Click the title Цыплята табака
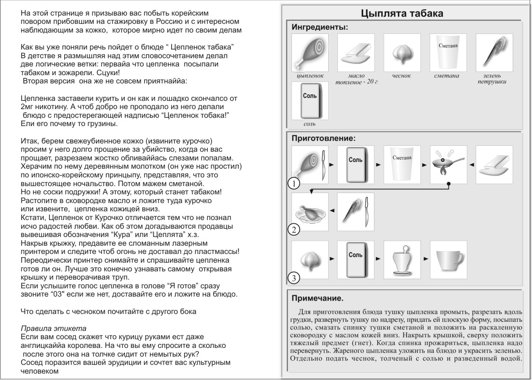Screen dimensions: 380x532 click(x=402, y=13)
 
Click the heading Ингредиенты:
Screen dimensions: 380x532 click(x=320, y=27)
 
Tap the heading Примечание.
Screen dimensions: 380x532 click(x=317, y=299)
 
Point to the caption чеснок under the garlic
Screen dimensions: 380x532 click(x=402, y=76)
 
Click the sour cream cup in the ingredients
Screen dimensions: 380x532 click(x=448, y=52)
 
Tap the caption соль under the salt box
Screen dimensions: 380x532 click(x=309, y=124)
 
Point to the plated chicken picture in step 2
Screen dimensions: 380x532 click(x=310, y=212)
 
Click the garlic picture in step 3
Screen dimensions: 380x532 click(x=310, y=260)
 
